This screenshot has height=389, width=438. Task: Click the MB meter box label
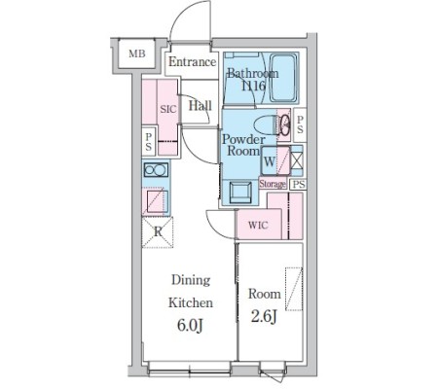tap(137, 53)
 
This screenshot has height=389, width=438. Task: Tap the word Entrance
tap(192, 61)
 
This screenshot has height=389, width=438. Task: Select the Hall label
tap(201, 105)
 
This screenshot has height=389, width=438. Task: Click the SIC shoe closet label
tap(168, 109)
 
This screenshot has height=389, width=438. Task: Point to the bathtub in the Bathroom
tap(283, 78)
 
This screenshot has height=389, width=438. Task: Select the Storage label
tap(273, 184)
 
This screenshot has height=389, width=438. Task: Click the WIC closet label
tap(258, 225)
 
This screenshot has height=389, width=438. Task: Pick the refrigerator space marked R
tap(158, 232)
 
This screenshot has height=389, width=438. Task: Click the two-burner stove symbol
tap(156, 170)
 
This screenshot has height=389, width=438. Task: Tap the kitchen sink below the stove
tap(158, 201)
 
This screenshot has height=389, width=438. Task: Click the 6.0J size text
tap(190, 326)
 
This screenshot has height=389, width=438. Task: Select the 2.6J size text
tap(264, 317)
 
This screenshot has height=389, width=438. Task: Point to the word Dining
tap(191, 280)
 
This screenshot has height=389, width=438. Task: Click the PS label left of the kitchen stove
tap(149, 142)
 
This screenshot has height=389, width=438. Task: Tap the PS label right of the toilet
tap(300, 124)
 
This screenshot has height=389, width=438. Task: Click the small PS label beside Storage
tap(299, 185)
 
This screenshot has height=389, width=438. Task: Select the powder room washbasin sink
tap(240, 193)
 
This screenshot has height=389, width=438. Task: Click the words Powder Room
tap(244, 145)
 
